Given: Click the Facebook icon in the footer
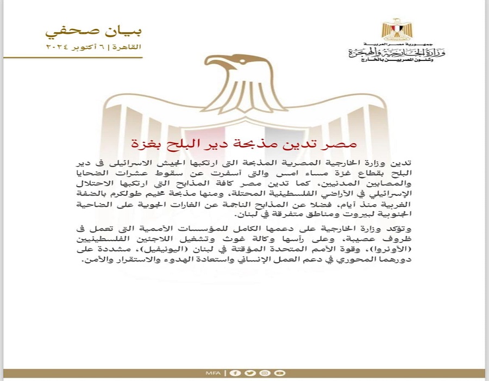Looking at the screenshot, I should [235, 373].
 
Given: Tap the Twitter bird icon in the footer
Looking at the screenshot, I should [249, 373].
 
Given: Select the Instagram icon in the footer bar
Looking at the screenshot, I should [264, 373].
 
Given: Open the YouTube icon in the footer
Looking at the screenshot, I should [279, 373].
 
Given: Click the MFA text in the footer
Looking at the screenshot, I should [213, 373].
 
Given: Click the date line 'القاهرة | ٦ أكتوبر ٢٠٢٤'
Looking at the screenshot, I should [93, 47].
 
